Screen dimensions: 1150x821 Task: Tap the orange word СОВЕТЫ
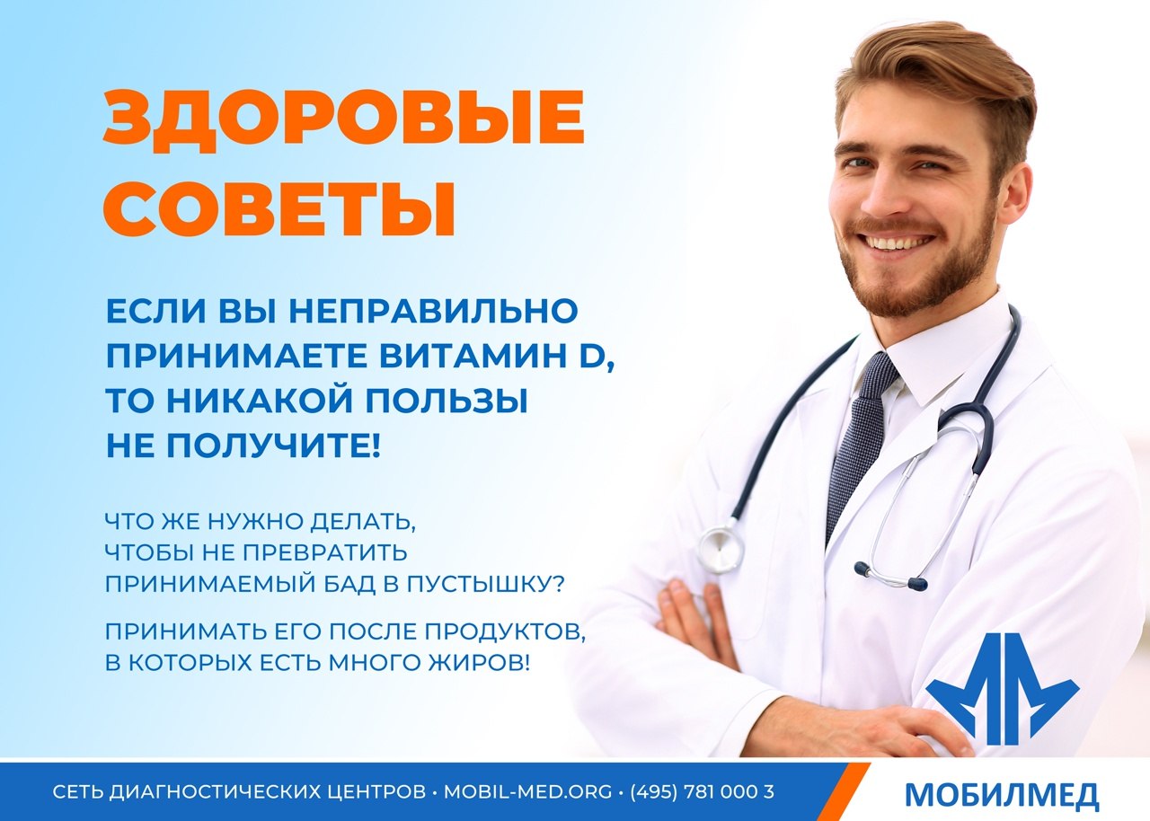[279, 207]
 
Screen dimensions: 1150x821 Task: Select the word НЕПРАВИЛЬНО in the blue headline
[434, 311]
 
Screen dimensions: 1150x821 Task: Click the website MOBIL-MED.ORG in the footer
[527, 791]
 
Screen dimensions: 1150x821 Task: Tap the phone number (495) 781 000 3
[702, 791]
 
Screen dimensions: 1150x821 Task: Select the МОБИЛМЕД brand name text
[1002, 794]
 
